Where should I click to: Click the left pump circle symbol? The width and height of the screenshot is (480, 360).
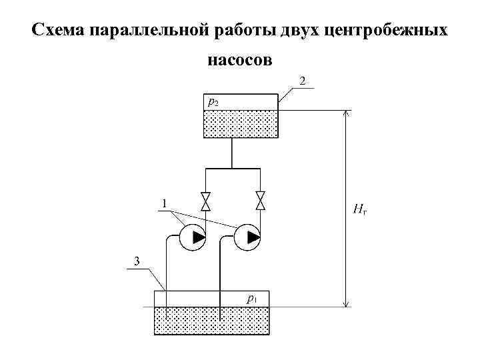point(192,237)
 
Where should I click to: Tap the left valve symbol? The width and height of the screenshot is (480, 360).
point(205,201)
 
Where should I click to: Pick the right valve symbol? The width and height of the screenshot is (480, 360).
point(261,201)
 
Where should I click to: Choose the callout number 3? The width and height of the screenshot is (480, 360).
point(136,261)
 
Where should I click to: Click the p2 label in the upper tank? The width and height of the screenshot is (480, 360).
point(212,102)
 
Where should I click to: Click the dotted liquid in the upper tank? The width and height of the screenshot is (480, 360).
point(240,124)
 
